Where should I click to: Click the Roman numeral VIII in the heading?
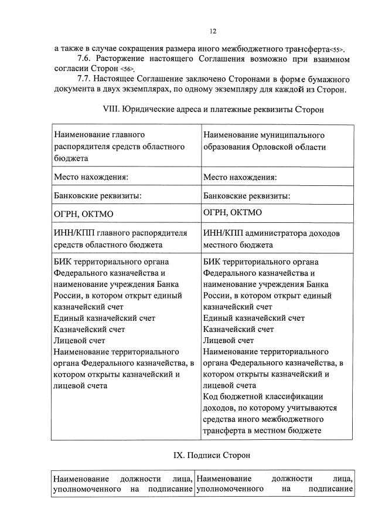pos(111,109)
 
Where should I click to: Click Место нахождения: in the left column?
pos(91,177)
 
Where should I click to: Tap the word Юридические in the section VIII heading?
pos(154,109)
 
